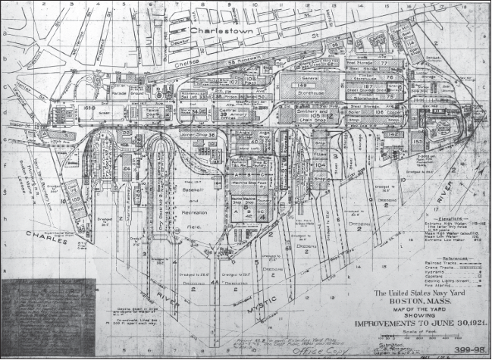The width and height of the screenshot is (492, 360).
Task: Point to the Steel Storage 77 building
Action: click(380, 64)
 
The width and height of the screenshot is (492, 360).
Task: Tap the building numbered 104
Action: click(319, 164)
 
